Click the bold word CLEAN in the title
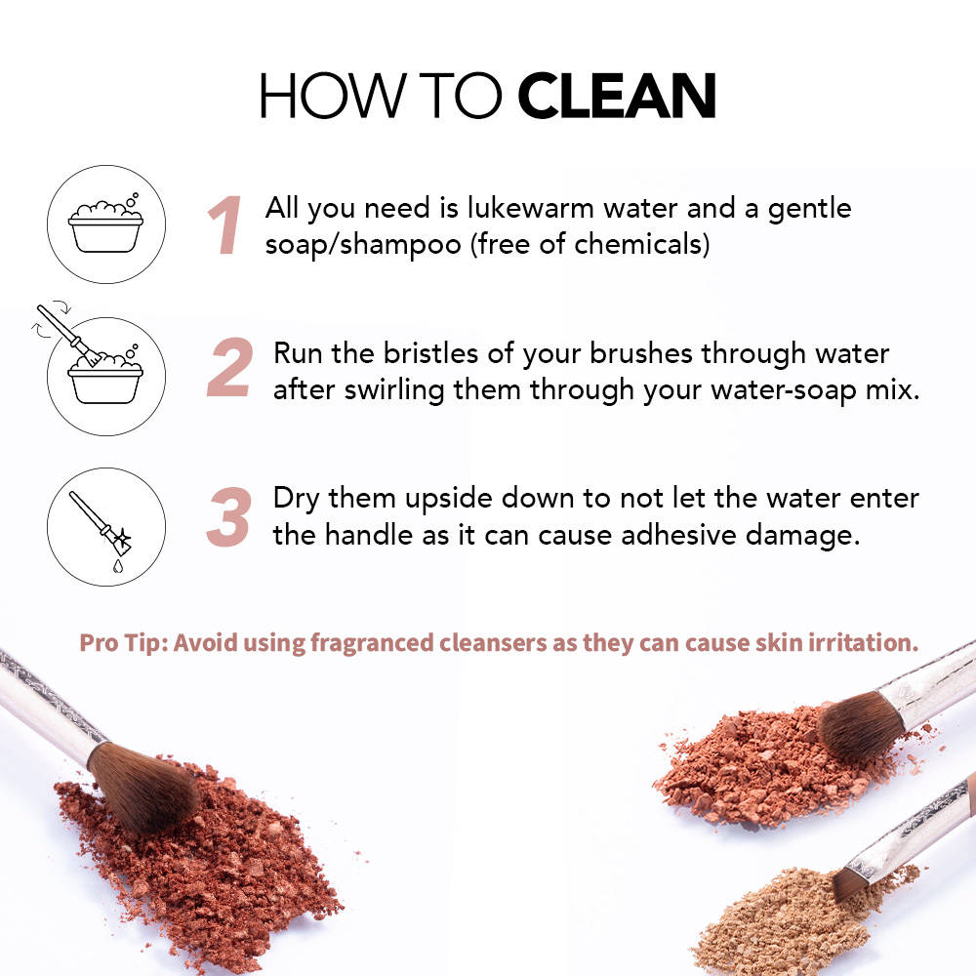(616, 96)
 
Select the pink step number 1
(225, 224)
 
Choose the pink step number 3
(229, 516)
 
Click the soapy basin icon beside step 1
(105, 224)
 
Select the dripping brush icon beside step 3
(106, 527)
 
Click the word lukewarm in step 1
(531, 208)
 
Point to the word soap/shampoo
(363, 245)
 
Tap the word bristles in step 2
(430, 353)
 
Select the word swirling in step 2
(394, 391)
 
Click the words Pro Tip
(124, 643)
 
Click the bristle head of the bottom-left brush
(144, 786)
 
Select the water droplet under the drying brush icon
(118, 566)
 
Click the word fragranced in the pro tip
(371, 643)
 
